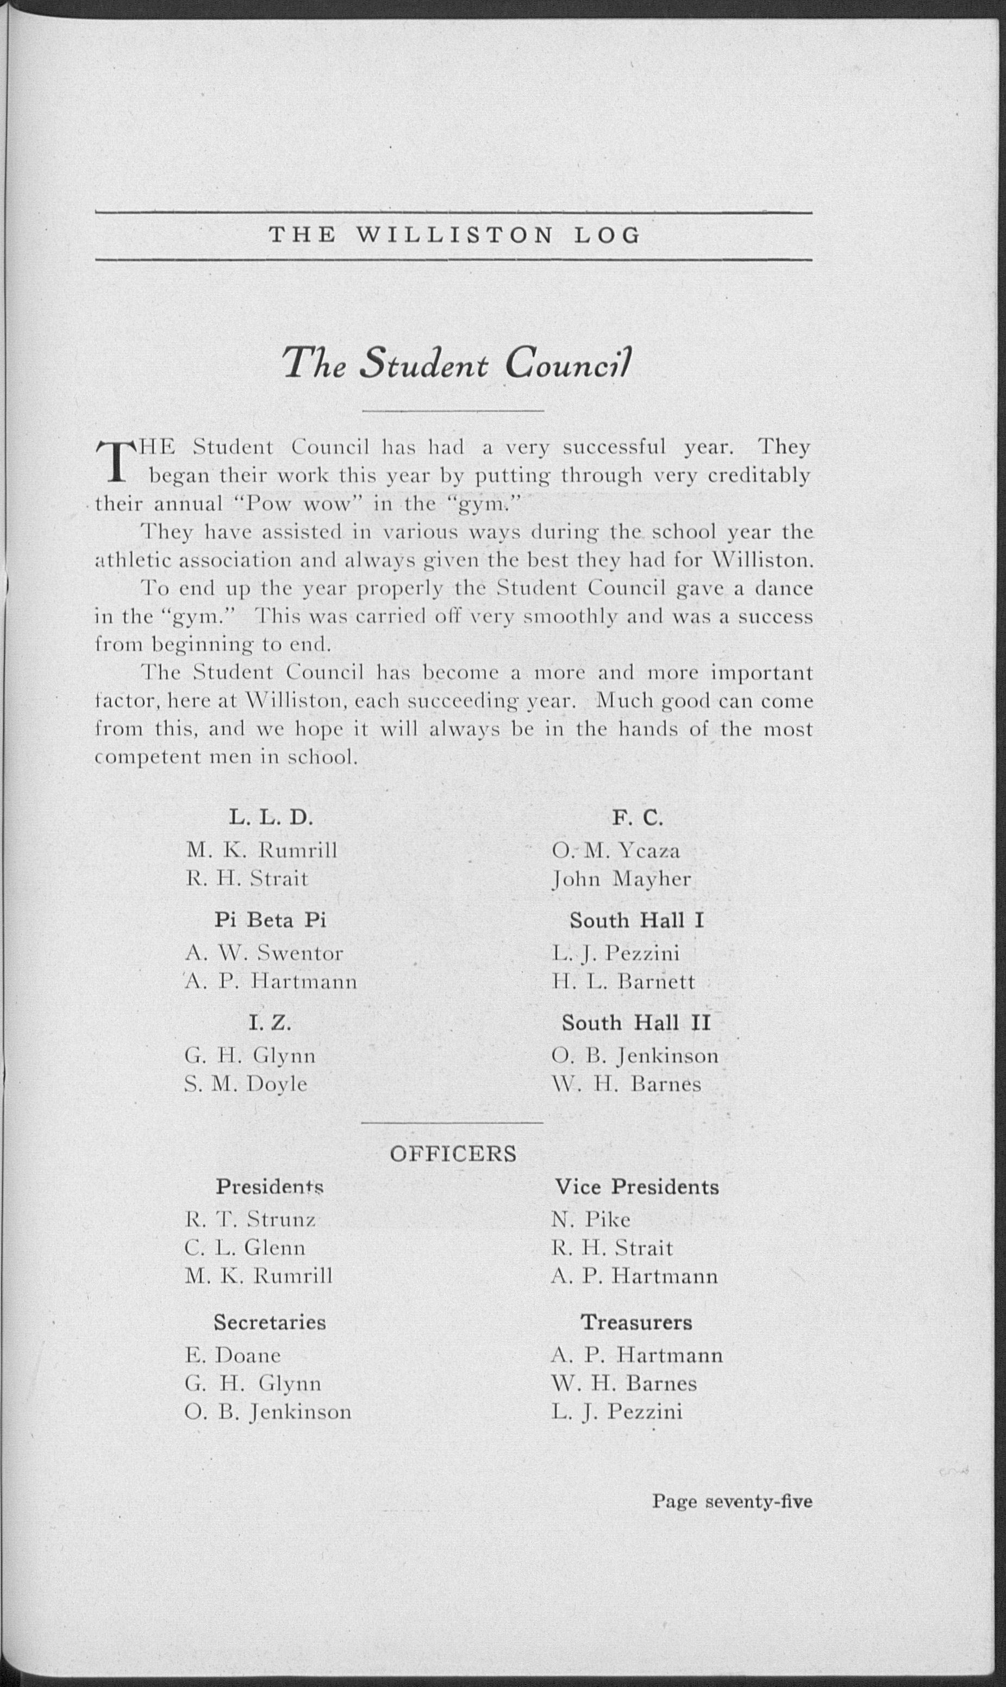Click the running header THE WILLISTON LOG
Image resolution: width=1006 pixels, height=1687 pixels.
[454, 235]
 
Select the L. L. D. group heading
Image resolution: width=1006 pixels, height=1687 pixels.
[271, 818]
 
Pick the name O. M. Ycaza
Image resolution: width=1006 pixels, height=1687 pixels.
[616, 850]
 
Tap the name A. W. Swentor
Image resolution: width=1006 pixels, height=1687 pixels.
[264, 954]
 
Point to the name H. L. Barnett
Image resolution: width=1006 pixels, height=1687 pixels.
[623, 982]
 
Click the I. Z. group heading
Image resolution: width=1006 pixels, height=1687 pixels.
[270, 1023]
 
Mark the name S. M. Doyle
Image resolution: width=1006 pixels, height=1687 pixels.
[246, 1084]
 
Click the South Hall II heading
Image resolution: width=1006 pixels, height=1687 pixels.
[636, 1023]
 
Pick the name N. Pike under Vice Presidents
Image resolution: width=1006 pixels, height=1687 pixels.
[591, 1220]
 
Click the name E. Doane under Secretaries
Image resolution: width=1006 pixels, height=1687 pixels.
[233, 1355]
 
